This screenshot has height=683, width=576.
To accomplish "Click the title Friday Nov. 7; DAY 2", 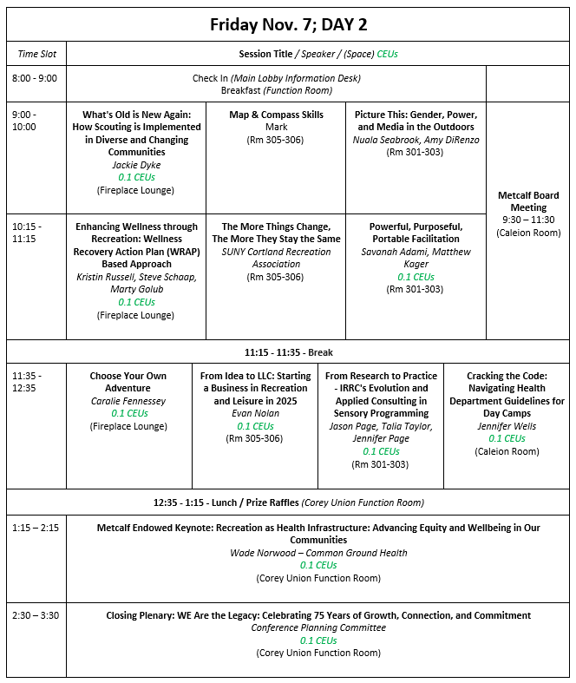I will (288, 24).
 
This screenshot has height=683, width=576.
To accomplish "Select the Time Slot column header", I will (36, 54).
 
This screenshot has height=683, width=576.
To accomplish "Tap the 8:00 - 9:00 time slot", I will (34, 78).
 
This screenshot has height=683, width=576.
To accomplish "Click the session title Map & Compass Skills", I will (276, 115).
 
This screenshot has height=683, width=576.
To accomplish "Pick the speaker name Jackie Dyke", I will (136, 165).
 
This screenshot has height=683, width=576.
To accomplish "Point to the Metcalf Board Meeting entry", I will (528, 201).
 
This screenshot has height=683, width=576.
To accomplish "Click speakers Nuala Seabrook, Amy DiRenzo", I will (416, 140).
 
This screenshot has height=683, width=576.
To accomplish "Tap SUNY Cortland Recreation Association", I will (276, 258).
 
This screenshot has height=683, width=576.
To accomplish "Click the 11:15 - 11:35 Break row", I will (288, 352).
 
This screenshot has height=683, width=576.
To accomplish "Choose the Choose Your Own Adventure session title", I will (128, 382).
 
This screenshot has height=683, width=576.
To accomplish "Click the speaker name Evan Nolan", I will (255, 414).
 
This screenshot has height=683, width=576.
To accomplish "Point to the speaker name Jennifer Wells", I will (507, 426).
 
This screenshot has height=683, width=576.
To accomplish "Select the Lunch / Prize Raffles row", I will (288, 502).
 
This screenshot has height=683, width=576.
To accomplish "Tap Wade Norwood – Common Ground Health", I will (318, 553).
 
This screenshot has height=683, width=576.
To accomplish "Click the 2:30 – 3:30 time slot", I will (36, 615).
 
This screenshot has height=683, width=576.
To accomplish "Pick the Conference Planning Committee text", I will (318, 627).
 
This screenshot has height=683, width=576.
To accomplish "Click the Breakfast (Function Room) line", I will (276, 90).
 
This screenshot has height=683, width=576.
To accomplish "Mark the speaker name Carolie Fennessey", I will (128, 401).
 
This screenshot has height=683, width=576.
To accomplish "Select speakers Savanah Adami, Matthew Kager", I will (416, 258).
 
